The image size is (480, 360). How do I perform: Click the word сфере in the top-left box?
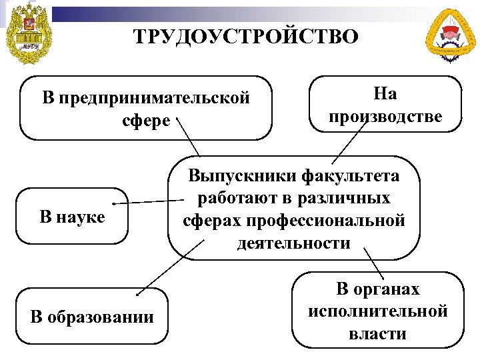tap(147, 122)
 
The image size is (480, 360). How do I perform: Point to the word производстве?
tap(385, 116)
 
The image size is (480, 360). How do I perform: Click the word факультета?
tap(351, 176)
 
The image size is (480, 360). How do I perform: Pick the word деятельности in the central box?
tap(293, 243)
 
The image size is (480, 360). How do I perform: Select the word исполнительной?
tap(377, 311)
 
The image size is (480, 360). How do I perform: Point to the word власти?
tap(377, 333)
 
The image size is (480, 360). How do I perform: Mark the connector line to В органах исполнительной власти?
tap(375, 263)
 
